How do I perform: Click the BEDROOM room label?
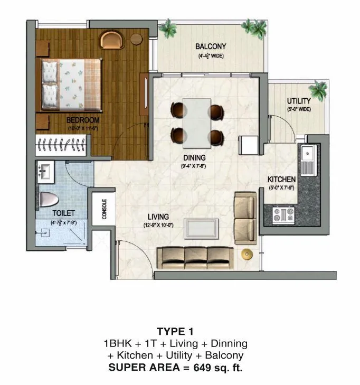(83, 120)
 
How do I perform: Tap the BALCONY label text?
(211, 46)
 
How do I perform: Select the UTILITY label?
(299, 101)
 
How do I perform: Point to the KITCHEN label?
(281, 180)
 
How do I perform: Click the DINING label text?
(194, 157)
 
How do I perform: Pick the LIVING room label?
(158, 217)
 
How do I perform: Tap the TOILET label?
(63, 213)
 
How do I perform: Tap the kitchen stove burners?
(282, 214)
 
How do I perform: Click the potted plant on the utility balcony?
(319, 87)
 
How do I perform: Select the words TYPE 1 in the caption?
(175, 332)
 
